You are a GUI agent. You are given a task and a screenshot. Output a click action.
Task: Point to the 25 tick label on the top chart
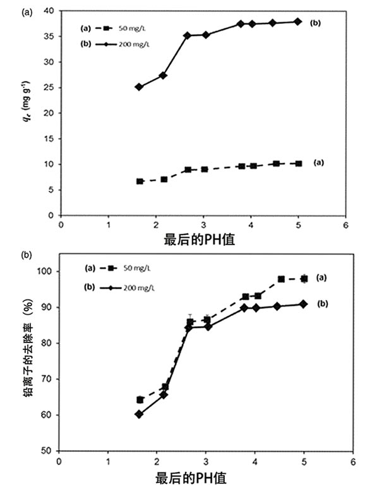(52, 87)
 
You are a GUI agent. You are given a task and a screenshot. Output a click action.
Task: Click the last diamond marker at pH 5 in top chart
(298, 21)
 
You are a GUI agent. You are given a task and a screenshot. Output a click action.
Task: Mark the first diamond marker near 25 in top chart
(139, 87)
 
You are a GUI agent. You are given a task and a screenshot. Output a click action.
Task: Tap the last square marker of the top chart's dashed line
(298, 163)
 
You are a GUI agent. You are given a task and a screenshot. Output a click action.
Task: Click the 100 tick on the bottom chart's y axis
(48, 271)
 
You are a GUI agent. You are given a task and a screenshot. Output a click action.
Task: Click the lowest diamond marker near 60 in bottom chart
(139, 414)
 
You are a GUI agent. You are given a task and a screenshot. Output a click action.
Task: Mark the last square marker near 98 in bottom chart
(304, 279)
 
